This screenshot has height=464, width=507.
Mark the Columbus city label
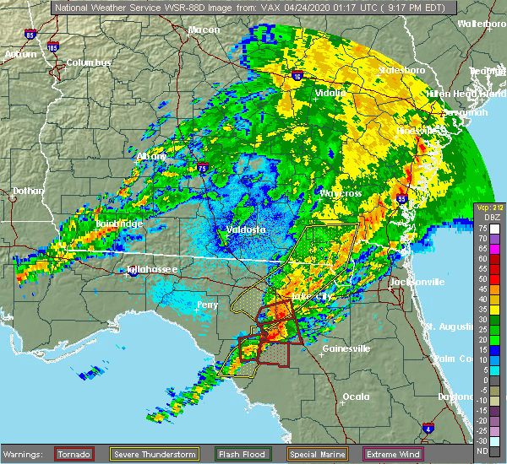(x=90, y=63)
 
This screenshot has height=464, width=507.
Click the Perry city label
(x=207, y=304)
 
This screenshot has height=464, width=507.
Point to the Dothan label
(x=27, y=192)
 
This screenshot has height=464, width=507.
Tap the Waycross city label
(x=340, y=193)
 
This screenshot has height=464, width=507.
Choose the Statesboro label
(x=401, y=70)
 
